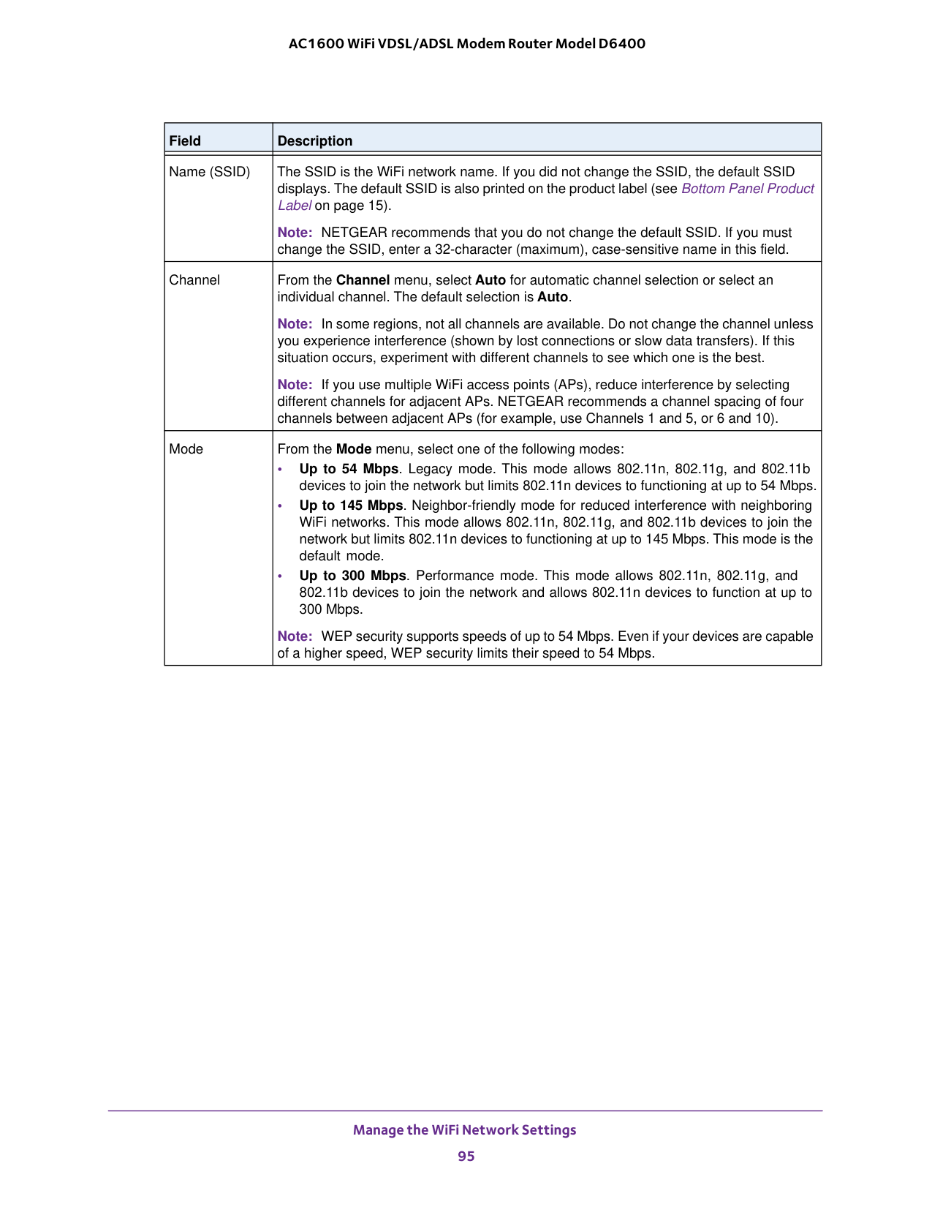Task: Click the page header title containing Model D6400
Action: pyautogui.click(x=466, y=43)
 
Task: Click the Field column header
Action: pyautogui.click(x=185, y=140)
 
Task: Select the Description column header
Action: pyautogui.click(x=314, y=140)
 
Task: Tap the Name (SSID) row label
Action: pyautogui.click(x=209, y=172)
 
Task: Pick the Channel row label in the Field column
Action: pyautogui.click(x=194, y=280)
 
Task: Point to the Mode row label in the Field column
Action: pyautogui.click(x=186, y=449)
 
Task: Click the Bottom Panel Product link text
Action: pyautogui.click(x=747, y=189)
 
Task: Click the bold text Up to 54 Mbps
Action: pyautogui.click(x=349, y=469)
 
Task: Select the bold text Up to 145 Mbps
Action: pyautogui.click(x=351, y=505)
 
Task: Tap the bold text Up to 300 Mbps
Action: pyautogui.click(x=352, y=576)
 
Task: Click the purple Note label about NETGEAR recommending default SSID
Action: pyautogui.click(x=295, y=233)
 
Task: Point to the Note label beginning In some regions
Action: pyautogui.click(x=295, y=324)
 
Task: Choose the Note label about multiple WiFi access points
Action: pyautogui.click(x=295, y=385)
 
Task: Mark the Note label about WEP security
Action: pyautogui.click(x=295, y=636)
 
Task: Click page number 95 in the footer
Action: pyautogui.click(x=466, y=1156)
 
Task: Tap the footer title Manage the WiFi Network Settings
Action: pyautogui.click(x=464, y=1129)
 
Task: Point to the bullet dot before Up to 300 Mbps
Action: pyautogui.click(x=280, y=576)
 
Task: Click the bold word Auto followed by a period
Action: pyautogui.click(x=553, y=297)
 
